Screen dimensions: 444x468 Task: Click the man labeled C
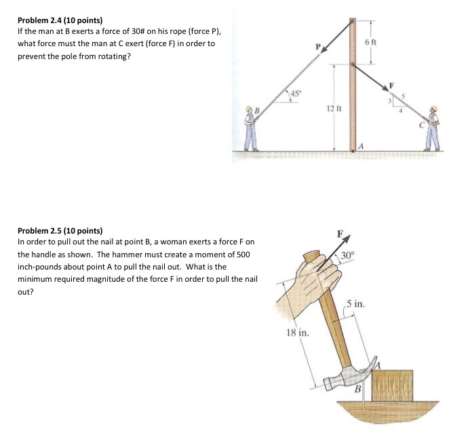click(432, 128)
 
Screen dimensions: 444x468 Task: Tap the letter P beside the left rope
click(317, 46)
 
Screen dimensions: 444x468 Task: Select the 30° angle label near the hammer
click(347, 256)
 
